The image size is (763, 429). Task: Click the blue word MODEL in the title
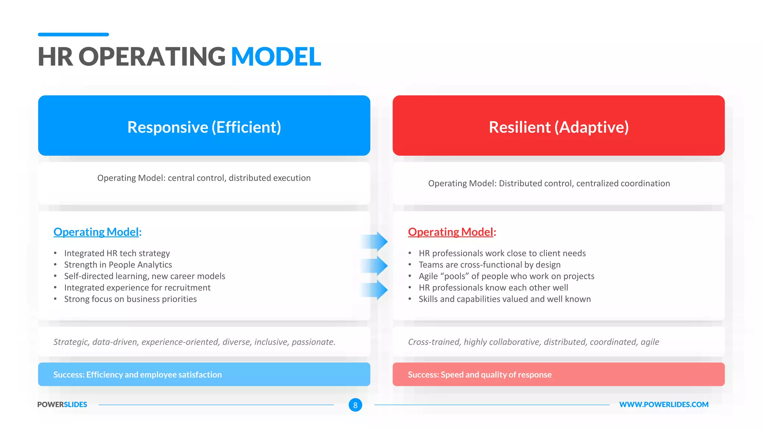click(x=276, y=57)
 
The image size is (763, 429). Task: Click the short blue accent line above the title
click(x=73, y=35)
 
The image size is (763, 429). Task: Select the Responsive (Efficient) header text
click(x=204, y=127)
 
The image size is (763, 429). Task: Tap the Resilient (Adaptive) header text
click(x=558, y=127)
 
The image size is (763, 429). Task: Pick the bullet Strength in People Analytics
click(x=118, y=265)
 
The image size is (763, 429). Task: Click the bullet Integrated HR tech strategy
click(x=117, y=253)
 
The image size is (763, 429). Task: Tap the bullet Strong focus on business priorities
click(x=130, y=299)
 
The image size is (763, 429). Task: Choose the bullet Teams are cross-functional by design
click(x=489, y=265)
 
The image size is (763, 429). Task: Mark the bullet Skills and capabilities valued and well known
click(x=504, y=299)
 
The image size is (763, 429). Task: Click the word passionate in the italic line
click(x=313, y=342)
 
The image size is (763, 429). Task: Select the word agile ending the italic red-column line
click(x=650, y=342)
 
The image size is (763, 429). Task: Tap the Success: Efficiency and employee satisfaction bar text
click(x=137, y=375)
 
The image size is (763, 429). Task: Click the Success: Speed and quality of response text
click(x=479, y=375)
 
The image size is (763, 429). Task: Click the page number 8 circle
click(x=355, y=405)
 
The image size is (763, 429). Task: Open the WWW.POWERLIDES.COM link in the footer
click(x=664, y=404)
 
